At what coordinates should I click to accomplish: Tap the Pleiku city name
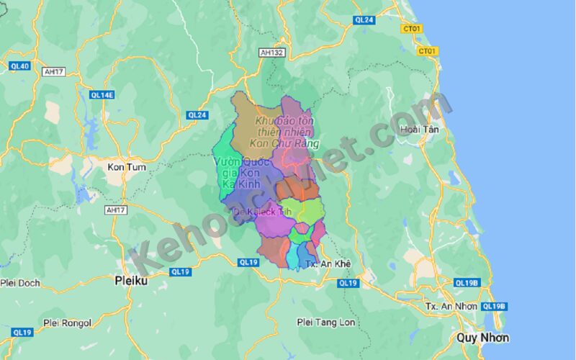tap(131, 280)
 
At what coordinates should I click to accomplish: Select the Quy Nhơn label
tap(482, 338)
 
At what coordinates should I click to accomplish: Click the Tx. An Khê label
tap(328, 264)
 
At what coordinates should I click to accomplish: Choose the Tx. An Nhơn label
tap(451, 306)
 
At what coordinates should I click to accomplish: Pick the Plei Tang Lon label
tap(326, 323)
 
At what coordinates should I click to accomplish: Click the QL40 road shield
tap(19, 66)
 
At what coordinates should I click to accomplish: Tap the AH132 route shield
tap(272, 53)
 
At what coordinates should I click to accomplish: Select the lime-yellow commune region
tap(310, 211)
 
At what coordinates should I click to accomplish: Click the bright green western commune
tap(225, 148)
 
